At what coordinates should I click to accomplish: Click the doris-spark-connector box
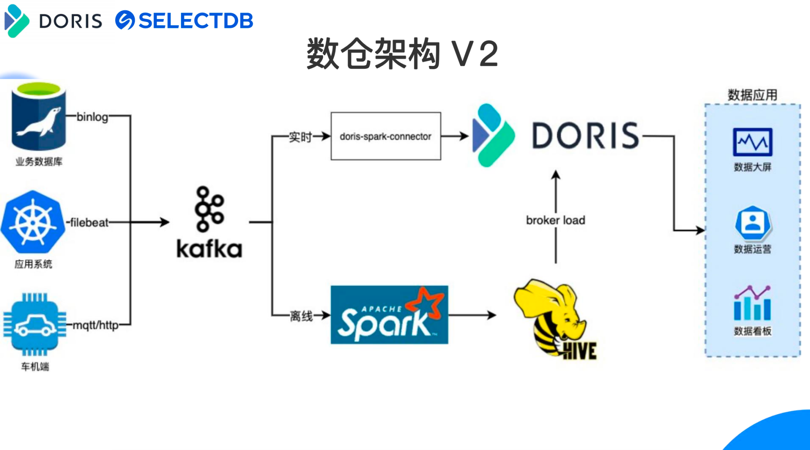[386, 136]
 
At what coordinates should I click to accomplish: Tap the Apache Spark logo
[389, 315]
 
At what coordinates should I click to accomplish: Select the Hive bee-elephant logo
[553, 319]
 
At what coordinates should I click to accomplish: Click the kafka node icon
[209, 209]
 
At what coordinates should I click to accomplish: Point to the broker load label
[555, 220]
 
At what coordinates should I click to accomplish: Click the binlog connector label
[92, 117]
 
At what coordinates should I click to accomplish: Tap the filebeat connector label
[89, 222]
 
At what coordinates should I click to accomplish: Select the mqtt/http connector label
[96, 325]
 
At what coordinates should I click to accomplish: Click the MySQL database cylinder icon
[38, 116]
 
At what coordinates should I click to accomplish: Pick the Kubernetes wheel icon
[33, 222]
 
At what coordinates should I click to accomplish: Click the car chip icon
[35, 324]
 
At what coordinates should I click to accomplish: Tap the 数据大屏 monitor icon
[752, 142]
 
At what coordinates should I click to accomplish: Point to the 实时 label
[300, 137]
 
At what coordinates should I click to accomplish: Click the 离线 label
[301, 316]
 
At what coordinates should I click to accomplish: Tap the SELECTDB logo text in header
[195, 20]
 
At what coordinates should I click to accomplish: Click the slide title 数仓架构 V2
[402, 54]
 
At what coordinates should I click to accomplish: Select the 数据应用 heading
[752, 95]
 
